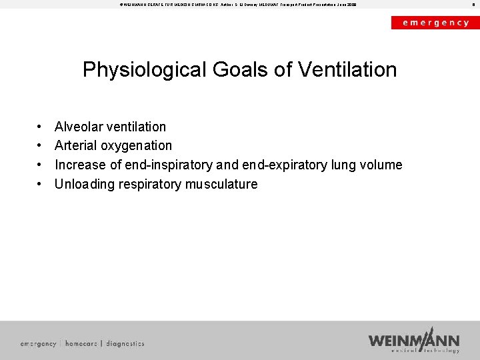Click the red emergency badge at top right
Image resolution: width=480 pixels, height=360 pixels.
pyautogui.click(x=435, y=23)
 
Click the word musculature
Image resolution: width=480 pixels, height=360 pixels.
pyautogui.click(x=221, y=184)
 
